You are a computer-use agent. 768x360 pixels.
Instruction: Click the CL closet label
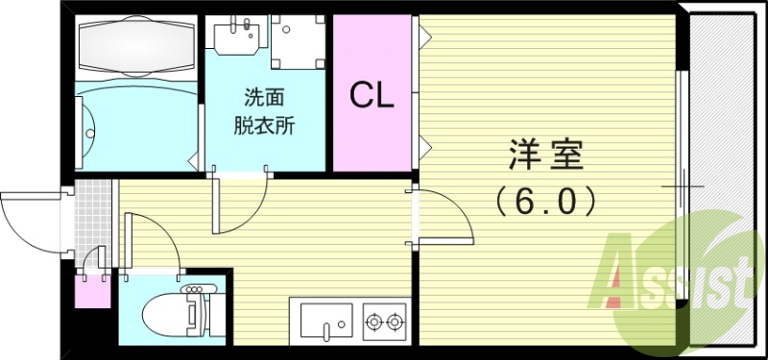tap(371, 95)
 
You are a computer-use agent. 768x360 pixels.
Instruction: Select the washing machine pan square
tap(299, 40)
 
